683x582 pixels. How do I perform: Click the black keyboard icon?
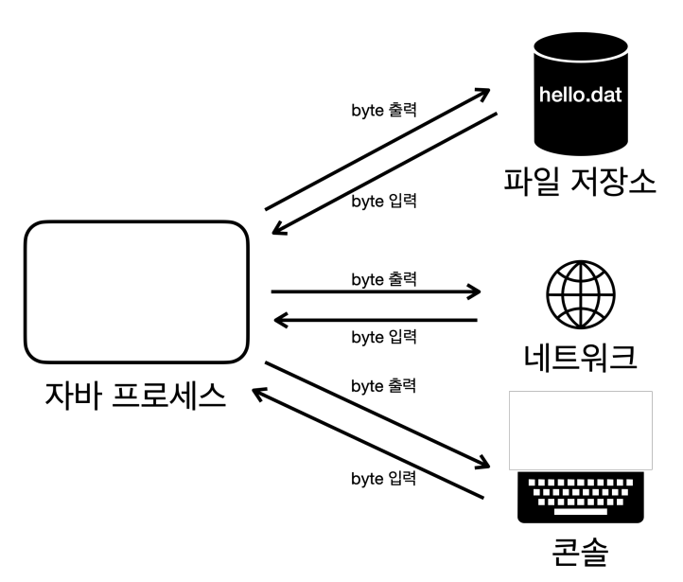click(x=580, y=498)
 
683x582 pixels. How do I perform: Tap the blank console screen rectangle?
click(x=580, y=430)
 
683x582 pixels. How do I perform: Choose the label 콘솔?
click(x=580, y=552)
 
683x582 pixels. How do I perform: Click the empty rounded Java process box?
click(x=137, y=291)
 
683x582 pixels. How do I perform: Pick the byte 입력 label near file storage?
click(x=384, y=202)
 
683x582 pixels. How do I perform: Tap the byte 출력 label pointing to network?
click(x=384, y=279)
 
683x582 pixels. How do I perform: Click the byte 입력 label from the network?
click(x=384, y=337)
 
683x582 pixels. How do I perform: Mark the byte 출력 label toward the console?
click(x=384, y=386)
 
